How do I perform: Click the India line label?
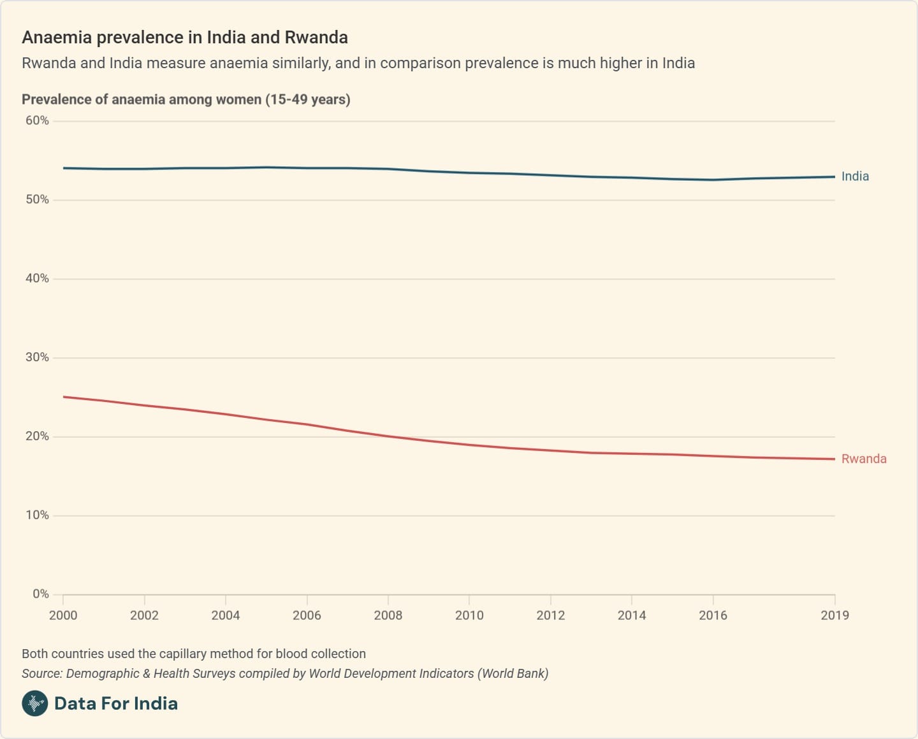click(855, 176)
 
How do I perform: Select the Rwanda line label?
click(864, 459)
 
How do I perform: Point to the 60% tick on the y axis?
click(37, 120)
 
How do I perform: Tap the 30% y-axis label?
click(37, 357)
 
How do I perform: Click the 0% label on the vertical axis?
click(41, 594)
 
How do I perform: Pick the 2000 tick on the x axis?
click(63, 615)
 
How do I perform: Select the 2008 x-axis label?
click(388, 615)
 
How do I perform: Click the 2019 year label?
click(834, 615)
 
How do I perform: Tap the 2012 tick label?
click(550, 615)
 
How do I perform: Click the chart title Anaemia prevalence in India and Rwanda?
click(185, 38)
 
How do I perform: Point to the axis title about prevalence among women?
click(186, 99)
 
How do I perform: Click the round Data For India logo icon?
click(35, 703)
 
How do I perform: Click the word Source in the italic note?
click(41, 673)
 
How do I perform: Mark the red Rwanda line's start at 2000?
click(64, 397)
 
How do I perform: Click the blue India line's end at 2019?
click(834, 176)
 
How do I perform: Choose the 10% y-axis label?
click(37, 515)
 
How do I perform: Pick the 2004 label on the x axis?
click(226, 615)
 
